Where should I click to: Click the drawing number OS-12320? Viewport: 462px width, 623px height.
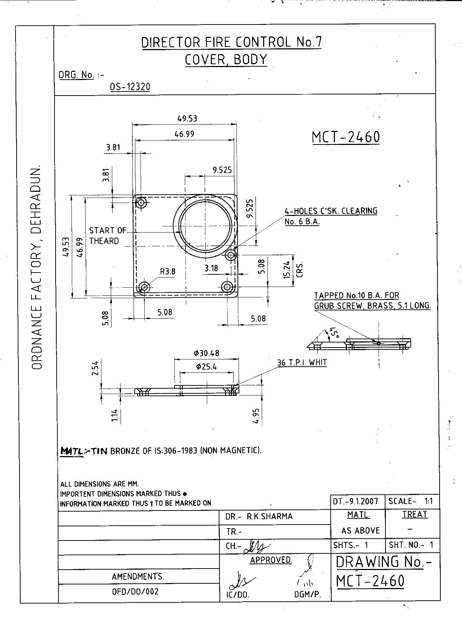pyautogui.click(x=130, y=87)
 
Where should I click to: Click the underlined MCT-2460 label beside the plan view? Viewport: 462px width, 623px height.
pyautogui.click(x=346, y=137)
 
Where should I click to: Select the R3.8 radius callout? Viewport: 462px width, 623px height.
pyautogui.click(x=168, y=271)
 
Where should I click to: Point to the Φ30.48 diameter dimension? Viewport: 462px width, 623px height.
pyautogui.click(x=206, y=353)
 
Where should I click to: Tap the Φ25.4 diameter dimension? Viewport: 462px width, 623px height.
pyautogui.click(x=207, y=367)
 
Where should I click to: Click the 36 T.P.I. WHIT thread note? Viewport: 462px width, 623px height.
pyautogui.click(x=302, y=362)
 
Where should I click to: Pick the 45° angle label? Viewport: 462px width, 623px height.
pyautogui.click(x=334, y=333)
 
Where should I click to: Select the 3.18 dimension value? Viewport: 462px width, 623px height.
pyautogui.click(x=211, y=268)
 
